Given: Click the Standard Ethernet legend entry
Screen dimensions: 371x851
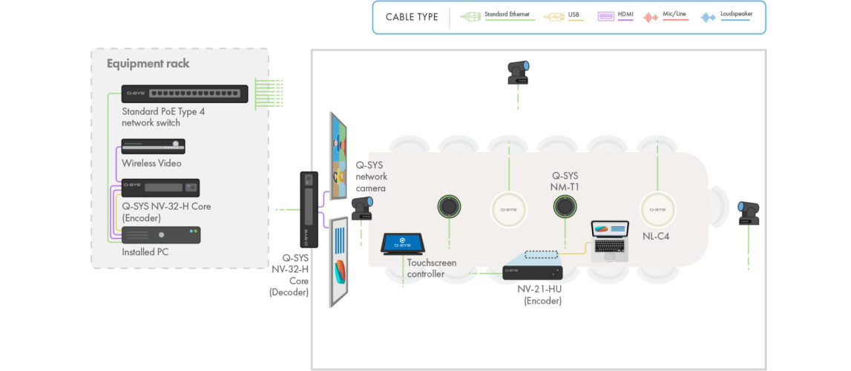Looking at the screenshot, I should [x=497, y=16].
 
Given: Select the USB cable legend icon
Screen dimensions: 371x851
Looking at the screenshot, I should [x=555, y=16].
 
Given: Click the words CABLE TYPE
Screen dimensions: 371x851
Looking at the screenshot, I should [x=412, y=17].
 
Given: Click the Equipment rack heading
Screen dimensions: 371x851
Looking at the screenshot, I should [x=148, y=64].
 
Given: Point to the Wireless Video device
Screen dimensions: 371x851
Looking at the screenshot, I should [x=153, y=146].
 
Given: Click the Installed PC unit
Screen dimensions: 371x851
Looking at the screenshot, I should [x=161, y=235].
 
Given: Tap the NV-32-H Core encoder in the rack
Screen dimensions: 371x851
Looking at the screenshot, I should [x=160, y=188].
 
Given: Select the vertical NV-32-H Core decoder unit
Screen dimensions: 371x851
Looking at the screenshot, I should [x=309, y=210].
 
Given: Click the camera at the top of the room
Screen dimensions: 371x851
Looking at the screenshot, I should [x=517, y=73].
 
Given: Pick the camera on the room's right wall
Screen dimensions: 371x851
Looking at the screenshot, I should [x=748, y=213].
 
